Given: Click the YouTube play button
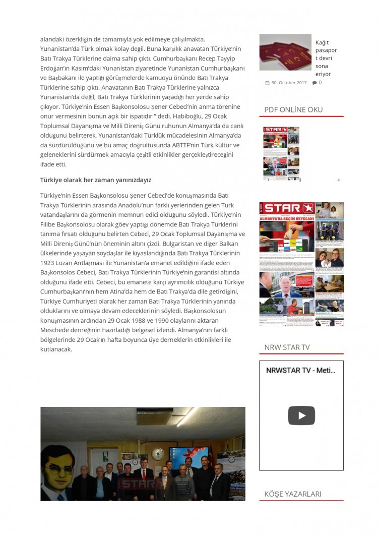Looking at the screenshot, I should pos(301,415).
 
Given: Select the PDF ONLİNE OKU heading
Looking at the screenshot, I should pos(293,109).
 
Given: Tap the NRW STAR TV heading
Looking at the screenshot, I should pos(287,347).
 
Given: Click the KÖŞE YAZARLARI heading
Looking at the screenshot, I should pos(292,494).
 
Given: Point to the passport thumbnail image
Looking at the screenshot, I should pos(285,52).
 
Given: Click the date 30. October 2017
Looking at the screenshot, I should pos(288,83).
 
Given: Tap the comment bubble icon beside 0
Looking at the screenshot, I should pos(314,83).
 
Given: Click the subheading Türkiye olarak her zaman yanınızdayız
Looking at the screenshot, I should pos(96,180).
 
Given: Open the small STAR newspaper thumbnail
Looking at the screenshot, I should pos(281,153).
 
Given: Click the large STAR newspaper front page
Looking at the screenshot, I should pos(301,264).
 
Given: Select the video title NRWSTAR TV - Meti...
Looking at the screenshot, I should pos(300,370).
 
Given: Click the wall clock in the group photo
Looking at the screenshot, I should pos(158,453).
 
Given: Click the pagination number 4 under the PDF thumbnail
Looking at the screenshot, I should pos(339,180).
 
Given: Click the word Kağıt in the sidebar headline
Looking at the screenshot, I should pos(322,43).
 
